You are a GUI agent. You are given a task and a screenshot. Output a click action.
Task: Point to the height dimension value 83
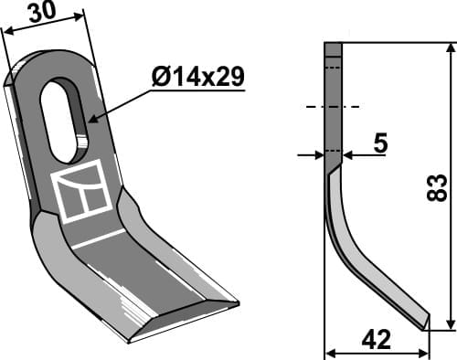436,189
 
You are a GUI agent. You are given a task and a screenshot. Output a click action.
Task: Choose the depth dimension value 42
377,340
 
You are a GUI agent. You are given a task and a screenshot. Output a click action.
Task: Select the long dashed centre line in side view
333,107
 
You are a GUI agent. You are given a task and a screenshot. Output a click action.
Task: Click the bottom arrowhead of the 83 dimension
450,325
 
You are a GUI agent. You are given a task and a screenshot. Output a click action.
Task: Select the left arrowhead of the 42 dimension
330,353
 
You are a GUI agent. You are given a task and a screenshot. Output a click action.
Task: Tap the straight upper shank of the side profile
333,101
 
